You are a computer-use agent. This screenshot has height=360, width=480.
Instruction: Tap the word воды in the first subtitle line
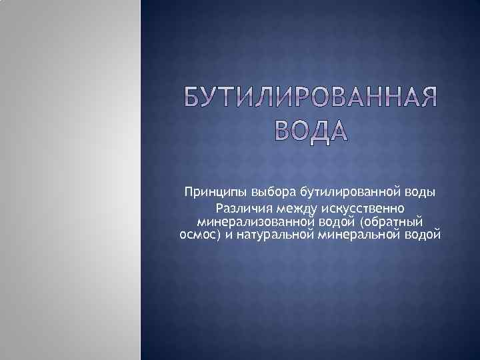[419, 193]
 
